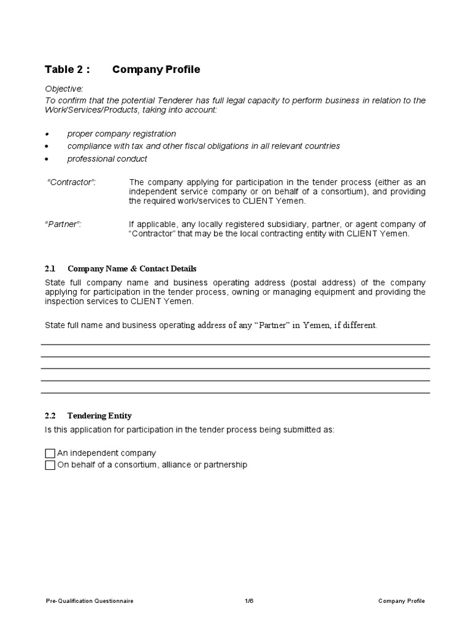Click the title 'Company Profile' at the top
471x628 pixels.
click(156, 69)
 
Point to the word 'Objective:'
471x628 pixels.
click(64, 89)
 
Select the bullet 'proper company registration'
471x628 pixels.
click(121, 134)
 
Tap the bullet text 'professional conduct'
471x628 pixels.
click(107, 159)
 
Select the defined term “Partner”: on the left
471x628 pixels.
click(63, 224)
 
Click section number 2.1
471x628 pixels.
click(50, 269)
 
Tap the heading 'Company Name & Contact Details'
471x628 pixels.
click(132, 269)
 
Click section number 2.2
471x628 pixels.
click(50, 416)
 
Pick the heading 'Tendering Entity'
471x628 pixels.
click(99, 416)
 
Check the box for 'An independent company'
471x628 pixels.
click(50, 453)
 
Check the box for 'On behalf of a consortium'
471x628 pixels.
click(50, 465)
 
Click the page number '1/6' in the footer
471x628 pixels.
click(248, 601)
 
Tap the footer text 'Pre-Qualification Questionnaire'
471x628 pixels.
click(90, 601)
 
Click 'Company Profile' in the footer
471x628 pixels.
click(401, 601)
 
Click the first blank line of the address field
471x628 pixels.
click(235, 344)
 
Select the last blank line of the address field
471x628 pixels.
click(235, 392)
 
